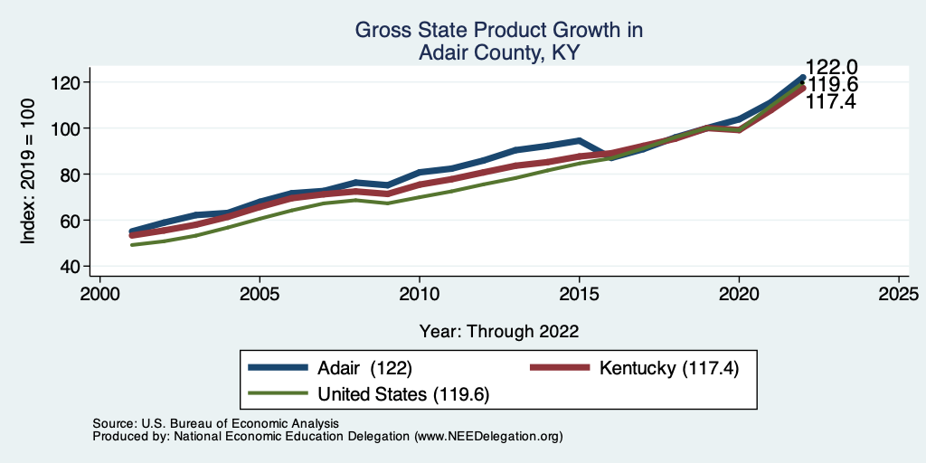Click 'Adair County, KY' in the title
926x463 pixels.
click(498, 53)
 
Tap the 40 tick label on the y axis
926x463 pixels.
click(73, 266)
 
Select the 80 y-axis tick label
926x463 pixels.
click(73, 174)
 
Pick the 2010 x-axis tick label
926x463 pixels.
click(419, 294)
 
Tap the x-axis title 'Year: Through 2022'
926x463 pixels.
click(499, 331)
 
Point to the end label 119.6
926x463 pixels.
click(832, 85)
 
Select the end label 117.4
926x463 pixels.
click(832, 102)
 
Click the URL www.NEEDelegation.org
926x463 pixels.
click(488, 437)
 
